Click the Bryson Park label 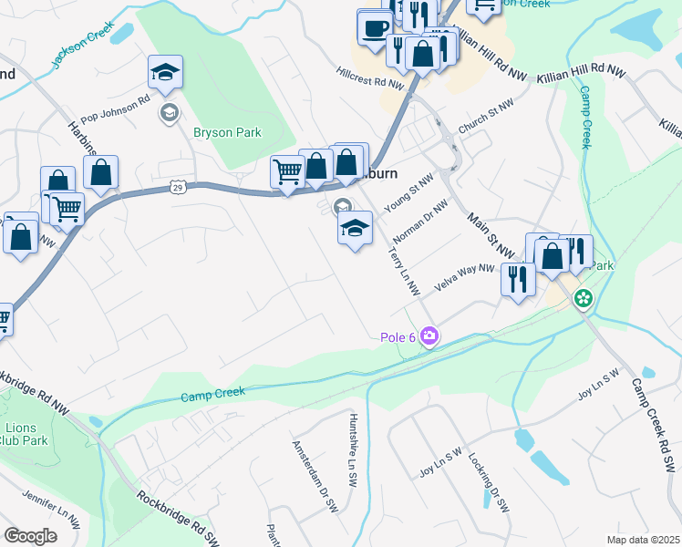click(227, 133)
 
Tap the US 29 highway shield click(176, 188)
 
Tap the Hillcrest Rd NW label click(369, 81)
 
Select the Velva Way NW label click(463, 277)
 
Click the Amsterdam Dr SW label click(309, 475)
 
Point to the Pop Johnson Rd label click(115, 109)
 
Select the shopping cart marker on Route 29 click(288, 171)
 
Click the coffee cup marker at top click(374, 27)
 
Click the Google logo click(30, 536)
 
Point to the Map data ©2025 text click(643, 540)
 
